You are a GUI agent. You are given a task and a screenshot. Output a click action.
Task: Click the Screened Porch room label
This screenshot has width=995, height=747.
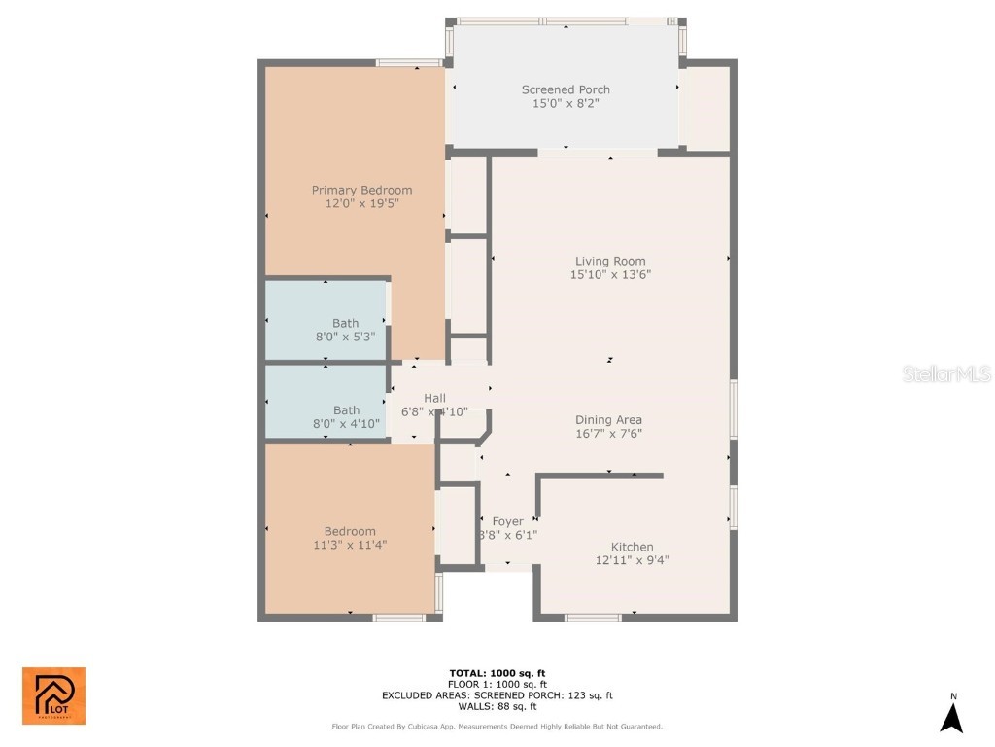coord(566,89)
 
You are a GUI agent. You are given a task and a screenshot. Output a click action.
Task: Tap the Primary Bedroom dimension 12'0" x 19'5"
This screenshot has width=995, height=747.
coord(361,204)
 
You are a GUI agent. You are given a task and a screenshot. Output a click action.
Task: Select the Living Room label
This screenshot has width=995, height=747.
coord(610,261)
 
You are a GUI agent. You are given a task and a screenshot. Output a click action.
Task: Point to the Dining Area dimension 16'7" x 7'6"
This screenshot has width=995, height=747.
coord(608,434)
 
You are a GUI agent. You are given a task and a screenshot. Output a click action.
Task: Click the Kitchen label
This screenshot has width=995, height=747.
coord(632,547)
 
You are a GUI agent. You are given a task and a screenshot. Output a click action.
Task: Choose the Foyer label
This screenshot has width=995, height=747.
coord(507,522)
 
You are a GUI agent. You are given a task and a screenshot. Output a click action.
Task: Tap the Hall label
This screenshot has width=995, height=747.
coord(434,398)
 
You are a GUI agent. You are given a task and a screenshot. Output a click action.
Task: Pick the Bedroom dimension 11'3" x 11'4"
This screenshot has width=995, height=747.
coord(350,545)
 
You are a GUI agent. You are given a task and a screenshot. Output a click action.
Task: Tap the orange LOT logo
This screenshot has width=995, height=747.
coord(53,695)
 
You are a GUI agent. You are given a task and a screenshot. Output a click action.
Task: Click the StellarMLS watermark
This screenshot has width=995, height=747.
coord(945,373)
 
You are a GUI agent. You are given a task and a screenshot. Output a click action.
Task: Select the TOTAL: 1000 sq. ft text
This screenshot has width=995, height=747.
coord(497,673)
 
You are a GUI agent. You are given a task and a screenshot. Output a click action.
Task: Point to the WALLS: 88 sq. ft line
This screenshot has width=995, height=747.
coord(497,707)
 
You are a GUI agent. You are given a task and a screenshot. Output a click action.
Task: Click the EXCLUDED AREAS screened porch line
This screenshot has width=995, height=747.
coord(497,695)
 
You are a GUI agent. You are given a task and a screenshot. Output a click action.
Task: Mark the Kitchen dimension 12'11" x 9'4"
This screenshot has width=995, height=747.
coord(632,560)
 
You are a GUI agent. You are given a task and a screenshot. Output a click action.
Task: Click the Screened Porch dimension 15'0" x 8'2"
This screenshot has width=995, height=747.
coord(566,103)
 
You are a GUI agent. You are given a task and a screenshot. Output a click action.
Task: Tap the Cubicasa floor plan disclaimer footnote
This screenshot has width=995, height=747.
coord(497,726)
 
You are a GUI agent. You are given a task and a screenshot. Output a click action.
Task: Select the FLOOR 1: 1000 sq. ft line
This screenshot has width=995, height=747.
coord(497,684)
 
